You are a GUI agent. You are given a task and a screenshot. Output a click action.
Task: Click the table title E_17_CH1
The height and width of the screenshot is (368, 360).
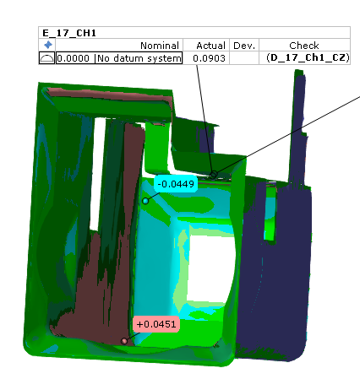coord(69,33)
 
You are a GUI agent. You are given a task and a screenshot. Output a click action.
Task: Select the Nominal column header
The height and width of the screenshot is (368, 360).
coord(160,46)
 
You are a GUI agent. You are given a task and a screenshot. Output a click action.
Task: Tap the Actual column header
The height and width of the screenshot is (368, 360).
coord(210,46)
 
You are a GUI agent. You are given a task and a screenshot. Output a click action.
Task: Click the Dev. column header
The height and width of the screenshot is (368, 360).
coord(244,46)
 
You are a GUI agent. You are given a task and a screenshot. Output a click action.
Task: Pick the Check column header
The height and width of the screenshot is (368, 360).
coord(304,46)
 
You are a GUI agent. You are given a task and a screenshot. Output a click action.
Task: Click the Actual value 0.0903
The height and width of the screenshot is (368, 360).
coord(209,58)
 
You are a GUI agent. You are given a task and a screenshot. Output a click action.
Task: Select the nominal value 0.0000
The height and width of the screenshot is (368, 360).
coord(74,58)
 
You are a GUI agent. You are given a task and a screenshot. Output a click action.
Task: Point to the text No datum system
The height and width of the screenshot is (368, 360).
coord(139,58)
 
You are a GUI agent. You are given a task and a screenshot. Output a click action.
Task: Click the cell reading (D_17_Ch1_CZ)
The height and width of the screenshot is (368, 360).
coord(308,57)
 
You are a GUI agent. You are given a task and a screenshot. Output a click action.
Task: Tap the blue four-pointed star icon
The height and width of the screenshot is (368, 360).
coord(48,45)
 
